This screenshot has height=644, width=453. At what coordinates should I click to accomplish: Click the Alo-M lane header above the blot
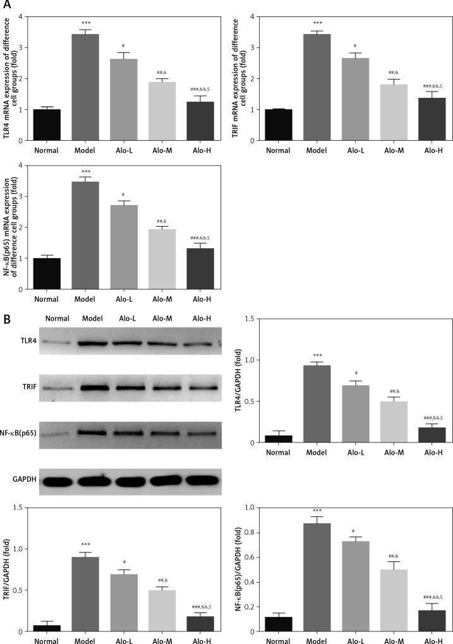(160, 318)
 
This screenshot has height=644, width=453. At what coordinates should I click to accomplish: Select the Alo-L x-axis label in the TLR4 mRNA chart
(128, 151)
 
